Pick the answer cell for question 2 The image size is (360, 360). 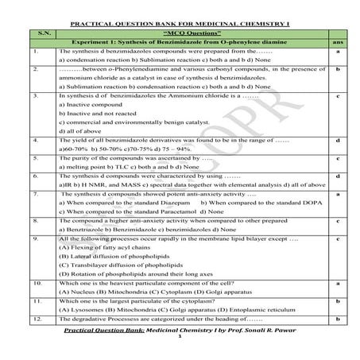(x=339, y=70)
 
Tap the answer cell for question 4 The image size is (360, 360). (x=339, y=141)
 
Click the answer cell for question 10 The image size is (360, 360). (x=339, y=283)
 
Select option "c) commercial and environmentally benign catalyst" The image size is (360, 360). (x=131, y=122)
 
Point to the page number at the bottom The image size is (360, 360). (x=181, y=347)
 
